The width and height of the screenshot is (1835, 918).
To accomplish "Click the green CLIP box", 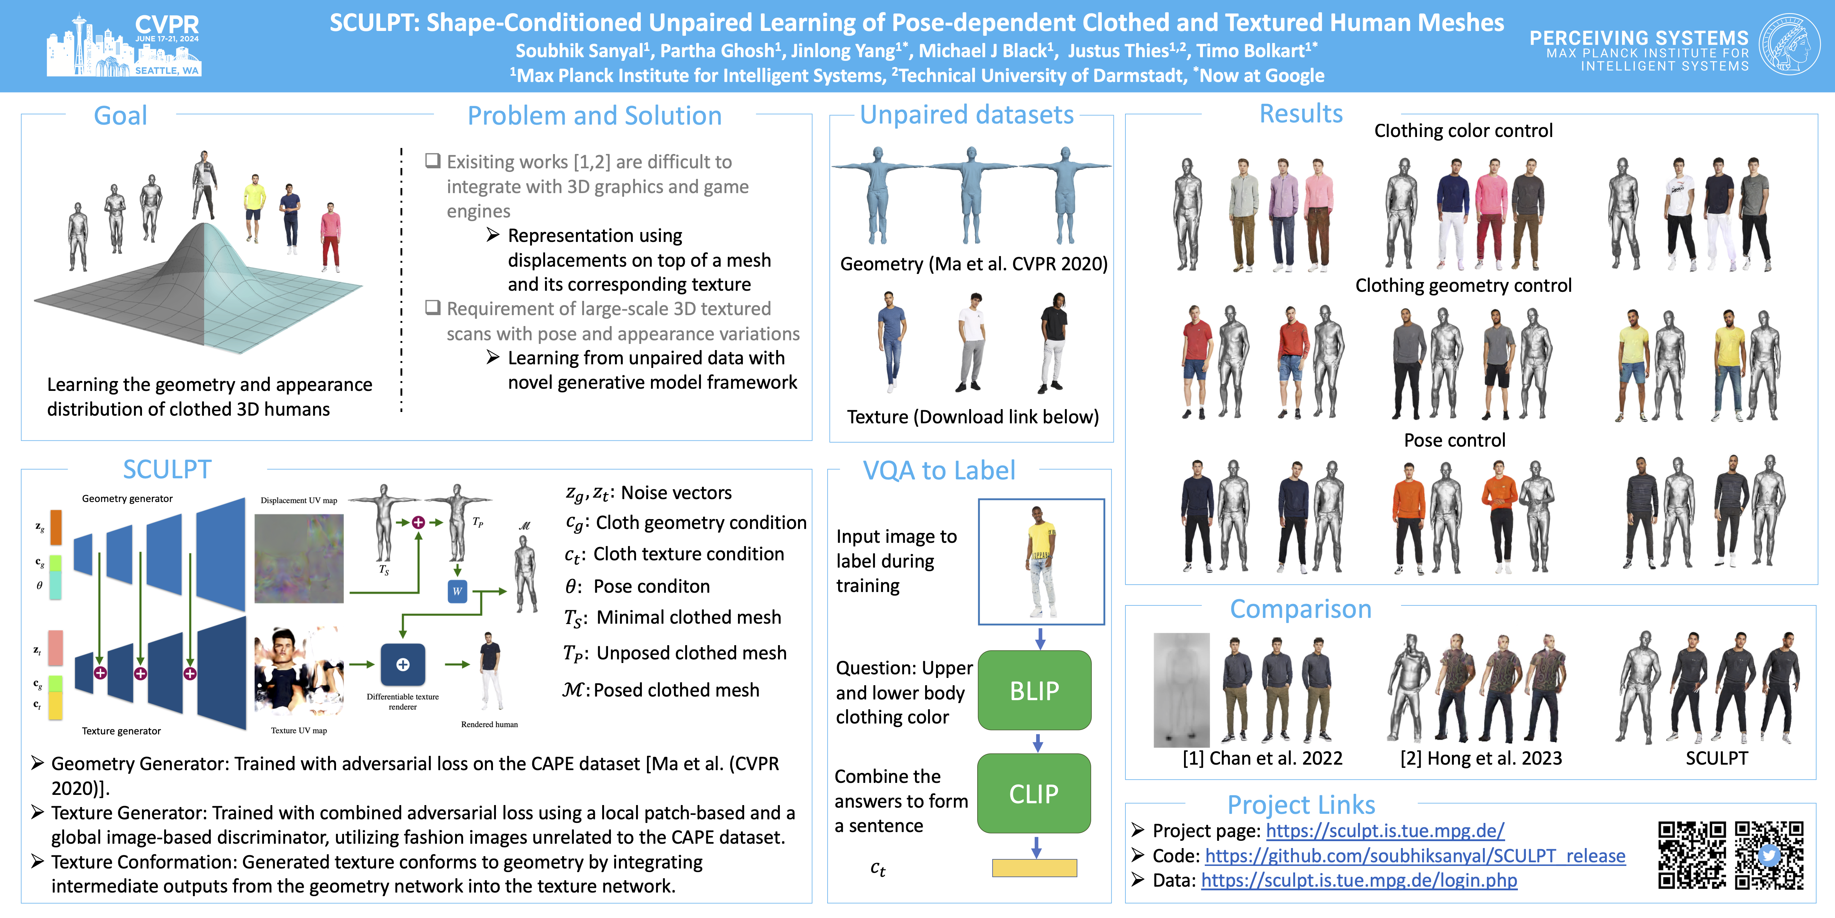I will [x=1034, y=793].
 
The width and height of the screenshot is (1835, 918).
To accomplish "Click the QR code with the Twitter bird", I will [x=1769, y=855].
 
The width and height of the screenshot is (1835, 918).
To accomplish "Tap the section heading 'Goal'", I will [x=121, y=115].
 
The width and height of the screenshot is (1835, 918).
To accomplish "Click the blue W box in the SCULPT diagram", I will [x=457, y=591].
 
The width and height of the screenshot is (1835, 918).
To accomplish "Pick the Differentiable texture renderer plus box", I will [x=403, y=664].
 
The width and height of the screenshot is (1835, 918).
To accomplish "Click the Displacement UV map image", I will [x=299, y=558].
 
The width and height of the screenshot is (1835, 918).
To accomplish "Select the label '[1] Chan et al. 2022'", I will [x=1262, y=758].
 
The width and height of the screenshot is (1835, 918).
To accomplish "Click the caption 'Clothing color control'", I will [x=1463, y=130].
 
